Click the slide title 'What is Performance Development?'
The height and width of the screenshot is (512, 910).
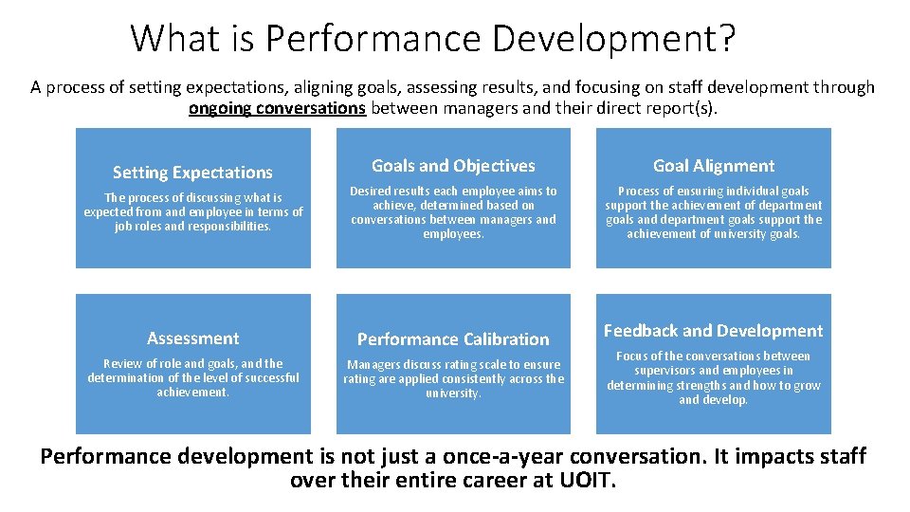click(x=432, y=39)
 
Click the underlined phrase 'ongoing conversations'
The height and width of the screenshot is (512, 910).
click(x=277, y=107)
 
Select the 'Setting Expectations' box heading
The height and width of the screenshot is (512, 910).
click(x=192, y=173)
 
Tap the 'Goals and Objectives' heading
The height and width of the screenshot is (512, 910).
click(x=453, y=166)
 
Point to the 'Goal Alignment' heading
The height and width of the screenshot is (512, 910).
click(x=713, y=166)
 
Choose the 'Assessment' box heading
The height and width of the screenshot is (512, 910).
click(x=192, y=338)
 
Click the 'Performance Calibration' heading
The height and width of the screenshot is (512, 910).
click(x=453, y=339)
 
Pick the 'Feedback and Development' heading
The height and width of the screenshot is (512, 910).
click(x=713, y=331)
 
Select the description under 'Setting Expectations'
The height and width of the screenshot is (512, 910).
click(x=192, y=212)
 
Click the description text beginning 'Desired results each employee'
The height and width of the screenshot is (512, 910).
click(x=453, y=212)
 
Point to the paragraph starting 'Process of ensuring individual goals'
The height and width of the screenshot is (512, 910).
click(x=713, y=212)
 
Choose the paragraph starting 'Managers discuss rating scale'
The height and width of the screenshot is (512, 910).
click(x=453, y=378)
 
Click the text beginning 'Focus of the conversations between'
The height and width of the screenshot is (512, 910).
click(x=713, y=377)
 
